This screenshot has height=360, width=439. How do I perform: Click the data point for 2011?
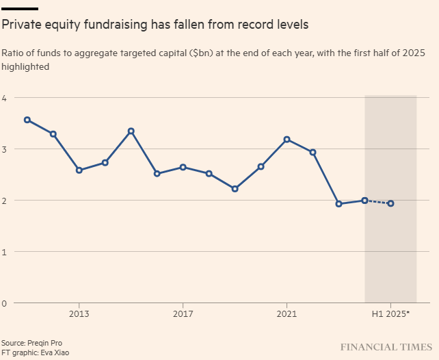pyautogui.click(x=27, y=120)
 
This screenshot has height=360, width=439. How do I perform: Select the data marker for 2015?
pyautogui.click(x=131, y=131)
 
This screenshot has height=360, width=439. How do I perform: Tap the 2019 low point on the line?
pyautogui.click(x=235, y=188)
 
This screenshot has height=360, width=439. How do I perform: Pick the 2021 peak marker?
pyautogui.click(x=287, y=139)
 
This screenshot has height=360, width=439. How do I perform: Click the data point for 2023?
pyautogui.click(x=338, y=203)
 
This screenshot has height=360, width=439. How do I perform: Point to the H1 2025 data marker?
pyautogui.click(x=390, y=203)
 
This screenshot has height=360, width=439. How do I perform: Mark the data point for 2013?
pyautogui.click(x=79, y=170)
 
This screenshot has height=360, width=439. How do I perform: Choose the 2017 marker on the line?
pyautogui.click(x=183, y=167)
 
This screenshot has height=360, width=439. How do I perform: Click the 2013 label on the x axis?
pyautogui.click(x=79, y=313)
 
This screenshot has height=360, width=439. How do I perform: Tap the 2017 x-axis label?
pyautogui.click(x=183, y=313)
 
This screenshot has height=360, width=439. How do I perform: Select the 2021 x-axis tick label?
pyautogui.click(x=287, y=313)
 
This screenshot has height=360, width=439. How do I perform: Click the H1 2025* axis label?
pyautogui.click(x=390, y=313)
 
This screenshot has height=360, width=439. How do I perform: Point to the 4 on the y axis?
pyautogui.click(x=4, y=98)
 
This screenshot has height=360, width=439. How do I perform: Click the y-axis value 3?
pyautogui.click(x=4, y=149)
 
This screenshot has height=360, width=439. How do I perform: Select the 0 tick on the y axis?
pyautogui.click(x=4, y=303)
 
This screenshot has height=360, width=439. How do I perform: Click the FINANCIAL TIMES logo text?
pyautogui.click(x=386, y=347)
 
